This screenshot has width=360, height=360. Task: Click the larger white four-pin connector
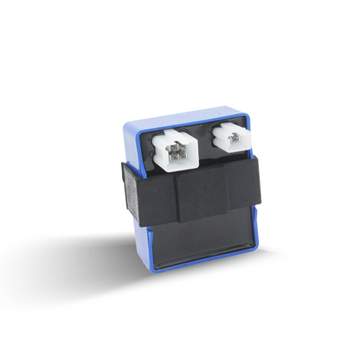pyautogui.click(x=177, y=146)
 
